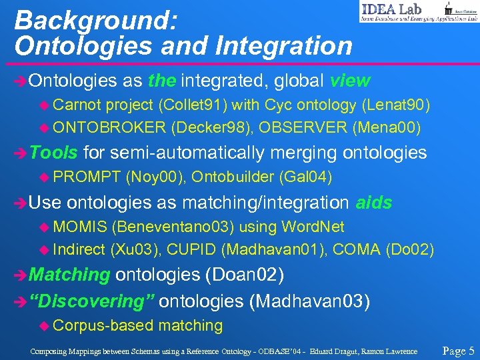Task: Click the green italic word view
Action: coord(350,81)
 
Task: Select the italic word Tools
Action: coord(54,153)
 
